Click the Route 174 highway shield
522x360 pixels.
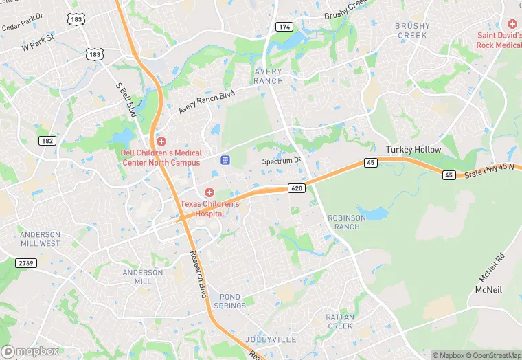click(x=284, y=26)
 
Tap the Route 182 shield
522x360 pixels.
click(x=47, y=140)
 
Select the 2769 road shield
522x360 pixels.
click(x=25, y=263)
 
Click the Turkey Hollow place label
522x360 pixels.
click(x=413, y=149)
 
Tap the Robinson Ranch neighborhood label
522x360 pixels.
click(x=343, y=222)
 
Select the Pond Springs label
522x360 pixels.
click(x=229, y=301)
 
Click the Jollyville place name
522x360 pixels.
click(x=271, y=339)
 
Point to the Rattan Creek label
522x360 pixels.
click(x=339, y=321)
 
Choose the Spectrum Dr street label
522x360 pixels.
click(x=282, y=161)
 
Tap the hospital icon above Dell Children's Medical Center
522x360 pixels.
click(x=161, y=141)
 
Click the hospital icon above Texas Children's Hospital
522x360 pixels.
click(x=209, y=192)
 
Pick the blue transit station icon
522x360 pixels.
click(x=224, y=159)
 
